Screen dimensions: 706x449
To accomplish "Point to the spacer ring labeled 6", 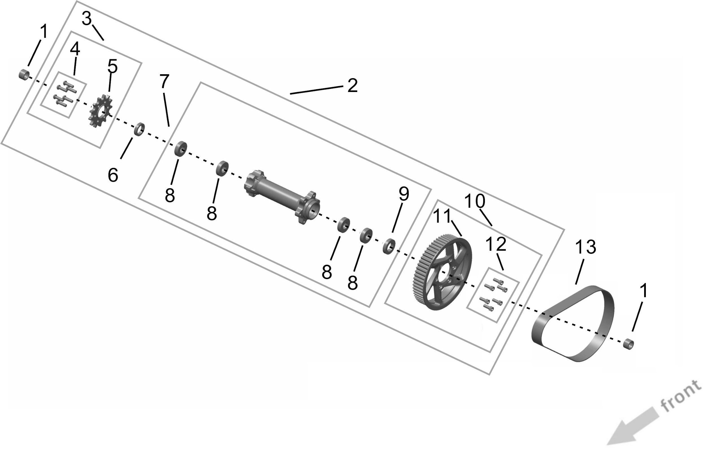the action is [x=140, y=129].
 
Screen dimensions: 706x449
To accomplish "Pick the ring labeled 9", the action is [x=389, y=246].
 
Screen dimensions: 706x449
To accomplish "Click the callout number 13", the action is [x=585, y=247].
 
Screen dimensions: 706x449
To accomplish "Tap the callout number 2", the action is [x=352, y=86].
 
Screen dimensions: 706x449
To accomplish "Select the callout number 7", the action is [x=164, y=81].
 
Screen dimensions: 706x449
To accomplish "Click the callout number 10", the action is [x=475, y=201].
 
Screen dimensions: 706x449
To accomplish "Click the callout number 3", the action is [x=87, y=19].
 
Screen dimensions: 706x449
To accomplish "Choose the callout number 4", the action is [x=75, y=49].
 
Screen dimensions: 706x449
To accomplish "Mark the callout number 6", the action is [x=113, y=175].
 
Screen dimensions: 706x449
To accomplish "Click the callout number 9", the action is [x=404, y=194].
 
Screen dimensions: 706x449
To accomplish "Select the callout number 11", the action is [x=442, y=216].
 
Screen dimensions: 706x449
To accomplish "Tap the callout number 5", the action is [x=113, y=66].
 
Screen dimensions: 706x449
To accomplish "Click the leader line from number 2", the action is [x=316, y=90].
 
